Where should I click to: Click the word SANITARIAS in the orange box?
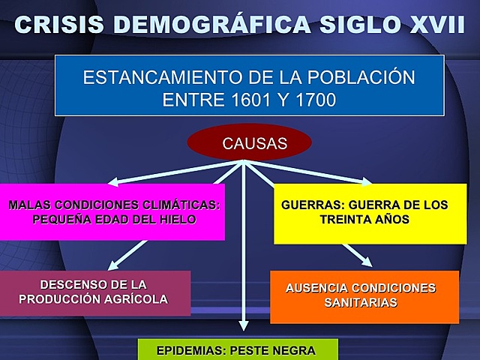pos(363,302)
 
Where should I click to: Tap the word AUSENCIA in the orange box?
pos(314,288)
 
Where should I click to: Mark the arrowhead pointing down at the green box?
pos(243,325)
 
